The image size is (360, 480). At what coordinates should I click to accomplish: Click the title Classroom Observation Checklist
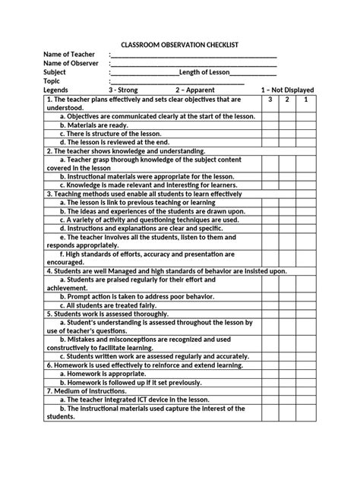pyautogui.click(x=179, y=45)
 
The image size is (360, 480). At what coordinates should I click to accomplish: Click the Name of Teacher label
pyautogui.click(x=69, y=55)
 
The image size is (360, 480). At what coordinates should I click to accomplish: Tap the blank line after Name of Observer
pyautogui.click(x=194, y=64)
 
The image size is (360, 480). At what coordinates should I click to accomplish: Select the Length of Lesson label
pyautogui.click(x=204, y=73)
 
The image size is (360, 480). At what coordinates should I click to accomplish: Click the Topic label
pyautogui.click(x=52, y=81)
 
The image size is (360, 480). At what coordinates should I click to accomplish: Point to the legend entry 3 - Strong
pyautogui.click(x=123, y=90)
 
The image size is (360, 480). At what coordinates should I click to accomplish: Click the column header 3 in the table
pyautogui.click(x=269, y=99)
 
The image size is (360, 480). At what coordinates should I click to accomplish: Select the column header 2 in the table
pyautogui.click(x=287, y=99)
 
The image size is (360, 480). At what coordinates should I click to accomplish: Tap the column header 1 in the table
pyautogui.click(x=305, y=99)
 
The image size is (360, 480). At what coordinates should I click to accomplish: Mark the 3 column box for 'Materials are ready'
pyautogui.click(x=269, y=125)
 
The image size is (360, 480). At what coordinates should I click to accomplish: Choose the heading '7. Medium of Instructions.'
pyautogui.click(x=87, y=390)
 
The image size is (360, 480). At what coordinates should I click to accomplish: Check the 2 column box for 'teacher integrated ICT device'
pyautogui.click(x=287, y=399)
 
